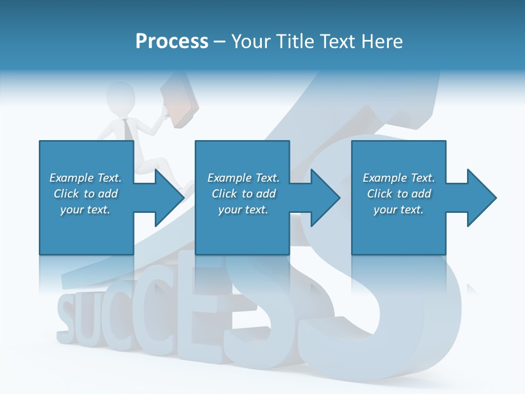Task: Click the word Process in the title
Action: (172, 41)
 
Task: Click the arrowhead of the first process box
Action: (168, 198)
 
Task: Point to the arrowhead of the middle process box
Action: (324, 198)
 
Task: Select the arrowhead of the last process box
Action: (481, 198)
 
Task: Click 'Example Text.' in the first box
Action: (85, 178)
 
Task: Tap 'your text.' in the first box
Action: (85, 210)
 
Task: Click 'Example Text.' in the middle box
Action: (243, 178)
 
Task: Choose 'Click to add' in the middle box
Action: (243, 194)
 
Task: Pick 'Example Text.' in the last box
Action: (399, 178)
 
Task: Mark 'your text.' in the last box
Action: (399, 210)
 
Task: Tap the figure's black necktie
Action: (127, 129)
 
